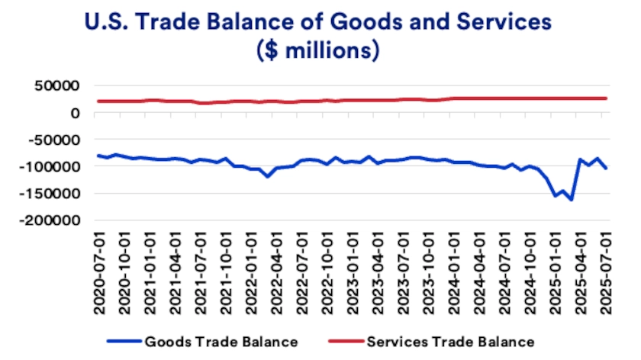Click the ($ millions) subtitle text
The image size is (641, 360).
point(320,53)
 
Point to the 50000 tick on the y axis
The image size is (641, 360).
point(59,85)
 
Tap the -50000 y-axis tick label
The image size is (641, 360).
point(56,140)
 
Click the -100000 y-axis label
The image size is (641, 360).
point(52,166)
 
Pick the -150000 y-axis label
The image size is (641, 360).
point(52,193)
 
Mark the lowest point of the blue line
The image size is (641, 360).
point(572,200)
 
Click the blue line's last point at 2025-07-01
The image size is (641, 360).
point(606,169)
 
